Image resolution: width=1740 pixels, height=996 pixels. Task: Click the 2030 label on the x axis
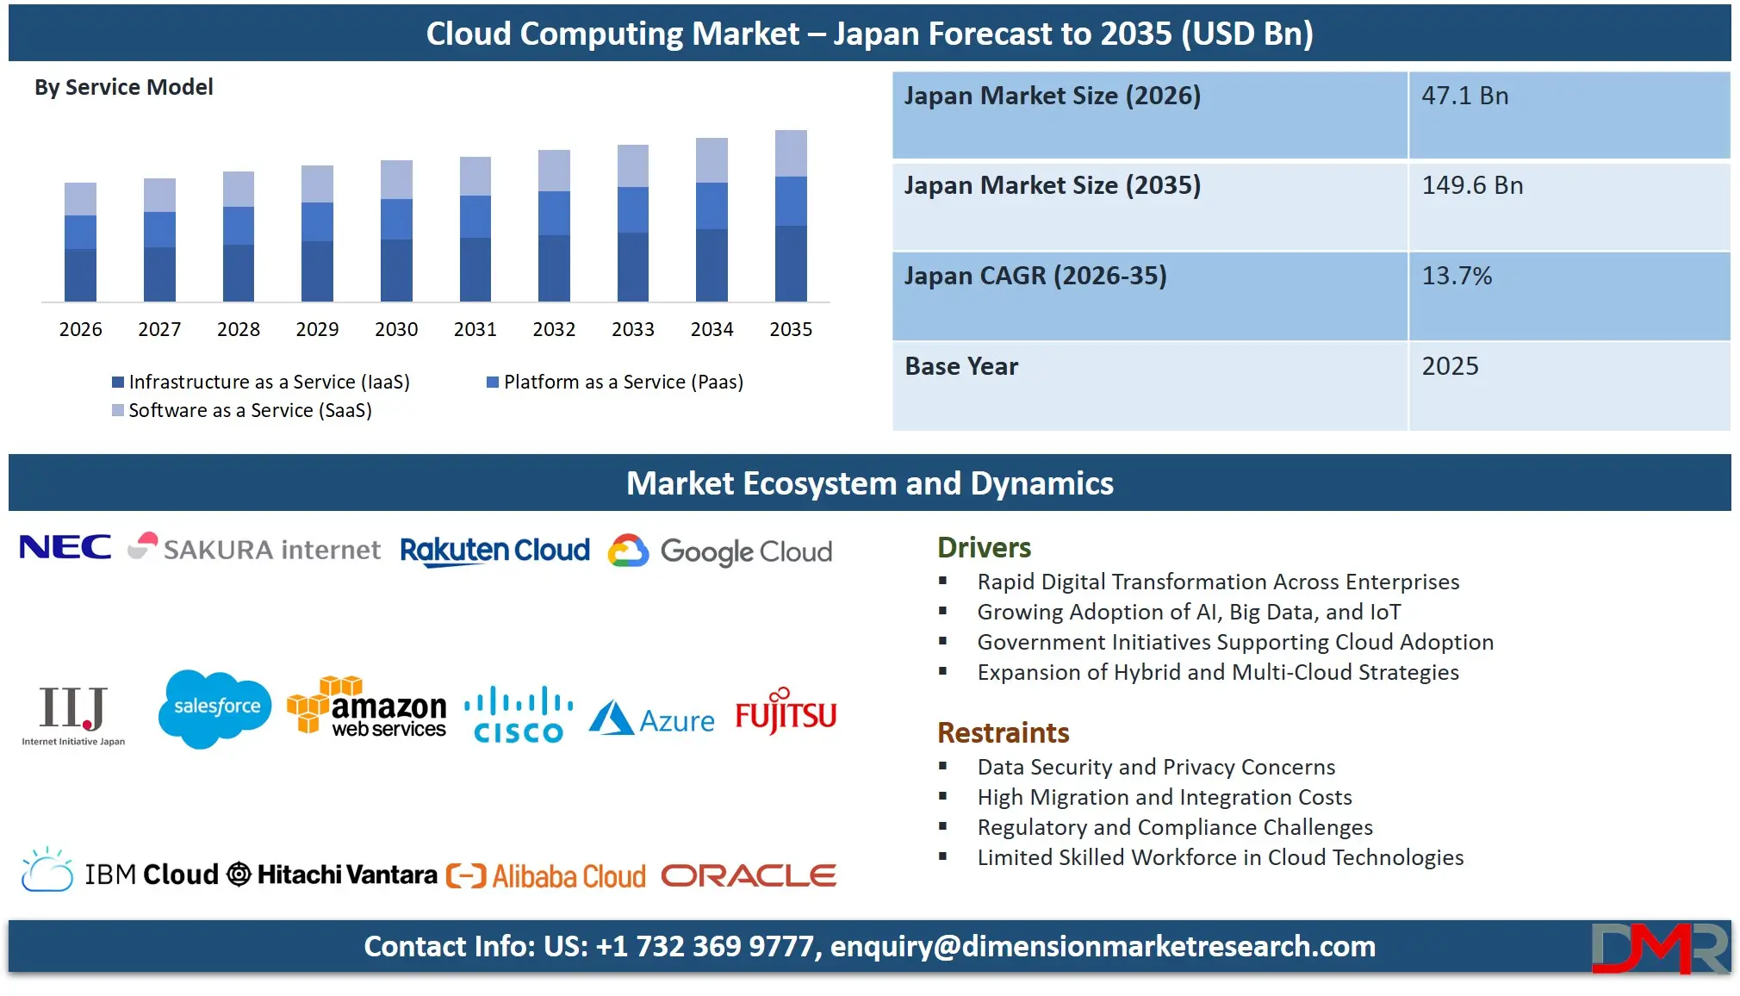coord(396,329)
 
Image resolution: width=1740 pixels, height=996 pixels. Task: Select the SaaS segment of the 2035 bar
coord(791,153)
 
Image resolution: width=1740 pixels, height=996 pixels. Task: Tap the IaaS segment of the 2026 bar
coord(80,275)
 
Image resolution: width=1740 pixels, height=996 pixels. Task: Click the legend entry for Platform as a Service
coord(614,382)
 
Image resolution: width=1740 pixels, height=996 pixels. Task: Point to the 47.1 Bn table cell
coord(1464,96)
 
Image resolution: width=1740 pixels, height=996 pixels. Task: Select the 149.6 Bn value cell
coord(1472,185)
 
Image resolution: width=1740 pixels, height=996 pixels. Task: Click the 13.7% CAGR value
coord(1457,276)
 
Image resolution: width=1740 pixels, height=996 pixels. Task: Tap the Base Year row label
coord(961,366)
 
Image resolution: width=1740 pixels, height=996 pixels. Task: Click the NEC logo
coord(65,547)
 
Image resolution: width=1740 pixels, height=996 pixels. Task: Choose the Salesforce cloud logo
coord(215,707)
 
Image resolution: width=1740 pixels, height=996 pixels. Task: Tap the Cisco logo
coord(519,714)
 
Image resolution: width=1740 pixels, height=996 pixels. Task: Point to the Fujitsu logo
coord(786,712)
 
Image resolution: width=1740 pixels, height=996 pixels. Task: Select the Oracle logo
coord(749,875)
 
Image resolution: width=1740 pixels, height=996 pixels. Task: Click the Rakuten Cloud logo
coord(494,551)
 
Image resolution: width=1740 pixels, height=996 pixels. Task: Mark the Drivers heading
coord(984,547)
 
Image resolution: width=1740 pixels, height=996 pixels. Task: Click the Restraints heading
coord(1003,732)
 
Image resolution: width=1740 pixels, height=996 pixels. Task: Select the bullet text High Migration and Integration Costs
coord(1165,797)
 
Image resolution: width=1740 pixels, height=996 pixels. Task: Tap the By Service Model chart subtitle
coord(124,87)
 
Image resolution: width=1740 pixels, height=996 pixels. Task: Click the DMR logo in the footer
coord(1658,948)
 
